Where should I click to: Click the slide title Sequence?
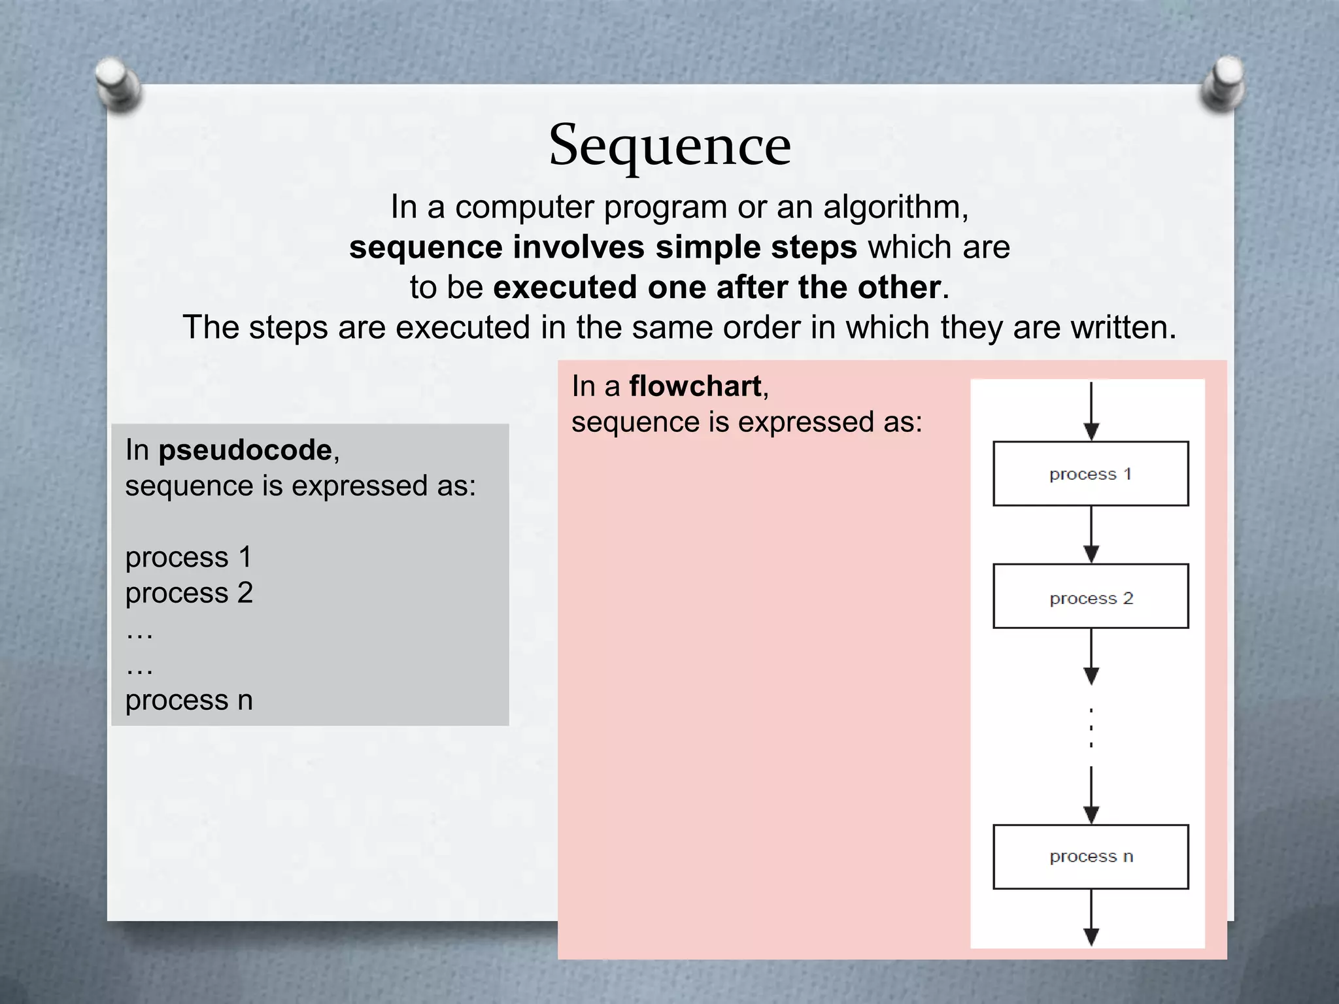(669, 145)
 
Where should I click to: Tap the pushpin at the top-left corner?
(118, 84)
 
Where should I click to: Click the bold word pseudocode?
(245, 450)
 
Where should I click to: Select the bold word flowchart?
(695, 386)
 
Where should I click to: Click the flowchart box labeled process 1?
(1091, 474)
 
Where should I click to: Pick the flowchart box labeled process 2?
(1091, 597)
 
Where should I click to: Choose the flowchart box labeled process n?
(1091, 857)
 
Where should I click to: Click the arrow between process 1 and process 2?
(1091, 535)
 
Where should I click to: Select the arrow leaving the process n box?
(1091, 918)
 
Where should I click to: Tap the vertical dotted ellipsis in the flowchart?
(1091, 727)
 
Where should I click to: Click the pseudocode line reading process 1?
(188, 558)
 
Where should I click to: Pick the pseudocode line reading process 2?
(189, 593)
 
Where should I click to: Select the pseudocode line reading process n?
(189, 700)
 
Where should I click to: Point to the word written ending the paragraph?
(1122, 327)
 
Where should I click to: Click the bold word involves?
(579, 248)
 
